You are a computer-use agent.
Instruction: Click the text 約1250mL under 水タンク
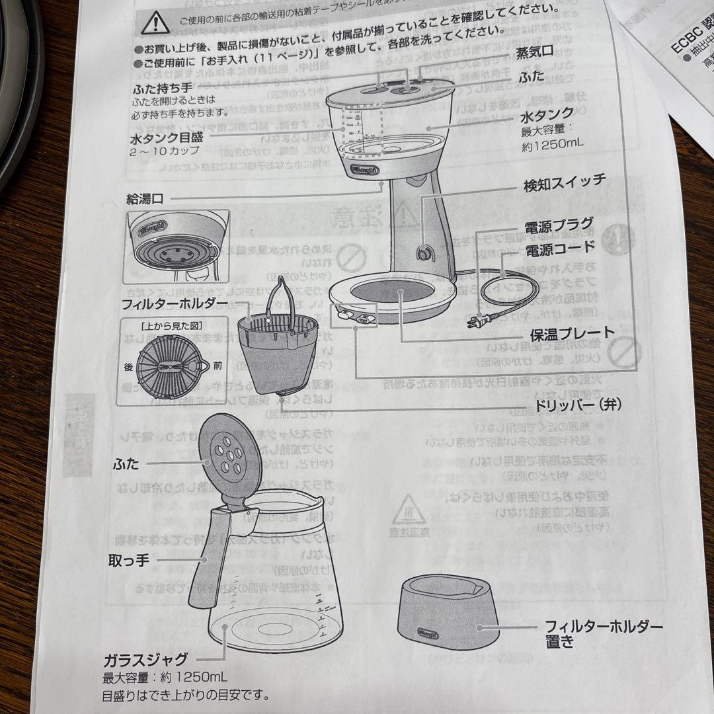553,145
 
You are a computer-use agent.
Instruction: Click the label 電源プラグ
559,225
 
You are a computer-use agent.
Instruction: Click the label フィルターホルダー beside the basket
175,305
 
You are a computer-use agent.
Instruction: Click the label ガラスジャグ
145,659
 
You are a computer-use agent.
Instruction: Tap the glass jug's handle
202,562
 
